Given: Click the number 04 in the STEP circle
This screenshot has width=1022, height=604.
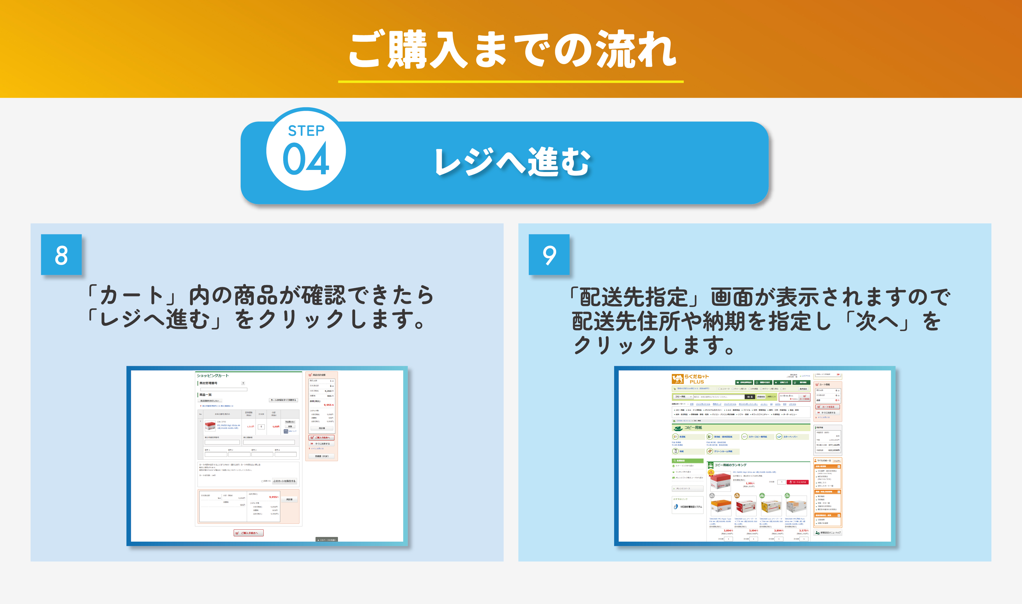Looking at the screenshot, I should (x=306, y=159).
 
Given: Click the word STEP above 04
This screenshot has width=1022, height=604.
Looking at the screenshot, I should (x=306, y=131).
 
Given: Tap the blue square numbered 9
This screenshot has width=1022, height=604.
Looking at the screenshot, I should (x=549, y=255).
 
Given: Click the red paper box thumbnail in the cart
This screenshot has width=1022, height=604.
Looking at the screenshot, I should (x=210, y=426).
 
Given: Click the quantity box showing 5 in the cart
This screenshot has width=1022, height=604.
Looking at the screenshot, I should (x=261, y=426).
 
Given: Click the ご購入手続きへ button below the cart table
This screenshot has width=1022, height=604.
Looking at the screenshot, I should (x=249, y=533).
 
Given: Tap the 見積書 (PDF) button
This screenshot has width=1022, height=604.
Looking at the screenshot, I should (x=321, y=456).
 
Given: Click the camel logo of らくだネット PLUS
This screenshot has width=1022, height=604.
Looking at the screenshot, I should (x=677, y=379).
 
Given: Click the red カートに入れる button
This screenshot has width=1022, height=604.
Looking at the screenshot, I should (x=797, y=482).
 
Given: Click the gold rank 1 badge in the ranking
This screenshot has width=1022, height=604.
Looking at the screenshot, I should (x=711, y=473).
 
